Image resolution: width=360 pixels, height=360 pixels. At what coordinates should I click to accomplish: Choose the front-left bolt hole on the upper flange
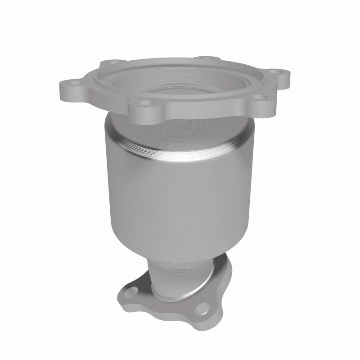[x=146, y=103]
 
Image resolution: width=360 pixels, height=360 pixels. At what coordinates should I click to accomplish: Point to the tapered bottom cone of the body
[x=180, y=252]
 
